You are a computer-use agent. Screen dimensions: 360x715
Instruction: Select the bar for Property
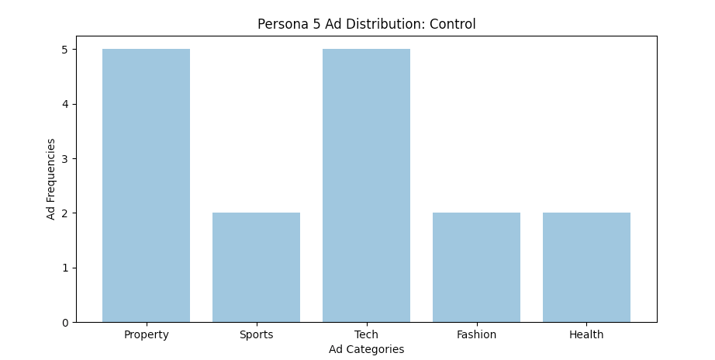(146, 185)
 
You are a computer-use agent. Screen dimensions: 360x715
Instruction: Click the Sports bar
(256, 267)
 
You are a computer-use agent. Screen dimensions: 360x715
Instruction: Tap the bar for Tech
(366, 185)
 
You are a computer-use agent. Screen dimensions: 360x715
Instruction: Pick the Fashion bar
(476, 267)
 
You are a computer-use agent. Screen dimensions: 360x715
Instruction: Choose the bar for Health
(586, 267)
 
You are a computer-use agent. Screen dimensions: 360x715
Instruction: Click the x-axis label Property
(146, 335)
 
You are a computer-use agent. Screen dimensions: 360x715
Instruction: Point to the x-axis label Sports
(256, 335)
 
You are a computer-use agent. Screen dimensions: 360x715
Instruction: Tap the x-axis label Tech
(366, 335)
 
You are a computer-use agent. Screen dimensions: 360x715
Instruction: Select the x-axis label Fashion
(476, 335)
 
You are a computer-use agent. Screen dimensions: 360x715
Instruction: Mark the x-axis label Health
(586, 335)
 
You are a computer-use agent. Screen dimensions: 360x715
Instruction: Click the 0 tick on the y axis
(65, 323)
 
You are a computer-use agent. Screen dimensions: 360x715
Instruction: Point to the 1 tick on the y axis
(65, 268)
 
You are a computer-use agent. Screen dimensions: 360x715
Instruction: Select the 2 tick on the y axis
(65, 213)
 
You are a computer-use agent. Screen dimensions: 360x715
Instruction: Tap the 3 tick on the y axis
(65, 159)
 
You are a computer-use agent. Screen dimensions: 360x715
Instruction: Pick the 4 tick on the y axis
(65, 104)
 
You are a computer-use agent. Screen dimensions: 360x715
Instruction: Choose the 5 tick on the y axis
(65, 50)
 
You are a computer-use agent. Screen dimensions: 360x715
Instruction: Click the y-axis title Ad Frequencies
(51, 179)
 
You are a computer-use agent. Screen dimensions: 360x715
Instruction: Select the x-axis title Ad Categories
(366, 350)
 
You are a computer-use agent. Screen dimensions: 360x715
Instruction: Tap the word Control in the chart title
(453, 25)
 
